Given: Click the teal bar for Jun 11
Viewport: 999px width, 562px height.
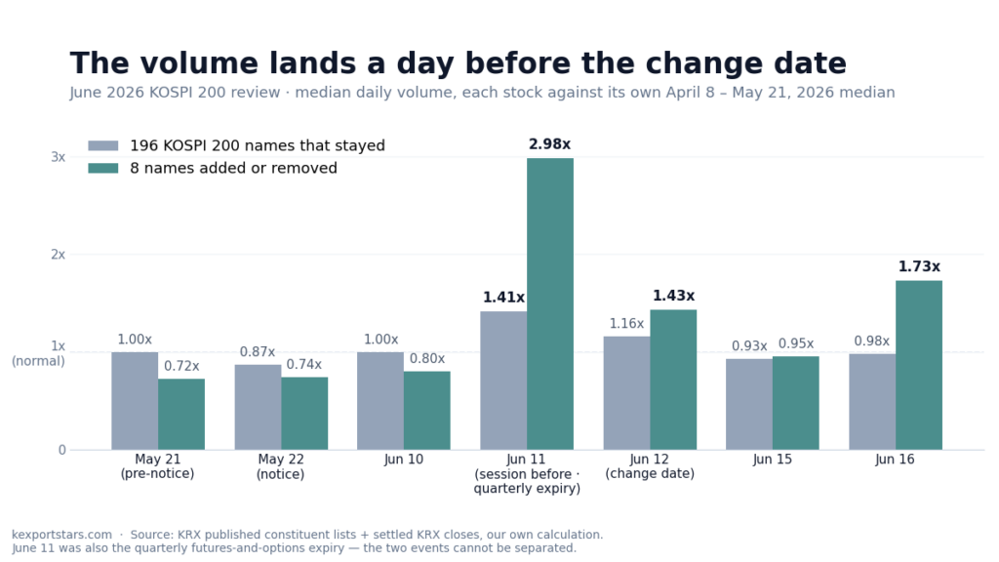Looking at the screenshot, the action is (550, 304).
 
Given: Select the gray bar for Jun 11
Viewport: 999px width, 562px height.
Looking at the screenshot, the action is (503, 381).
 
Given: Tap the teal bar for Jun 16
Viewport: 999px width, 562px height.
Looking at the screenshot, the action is (919, 365).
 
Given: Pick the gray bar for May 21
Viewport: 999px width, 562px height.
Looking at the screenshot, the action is (135, 401).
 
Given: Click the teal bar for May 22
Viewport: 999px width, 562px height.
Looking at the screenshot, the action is (304, 414).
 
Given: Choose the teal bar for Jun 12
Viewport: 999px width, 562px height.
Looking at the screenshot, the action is (673, 380).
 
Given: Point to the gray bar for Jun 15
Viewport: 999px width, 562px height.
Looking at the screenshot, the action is (749, 404).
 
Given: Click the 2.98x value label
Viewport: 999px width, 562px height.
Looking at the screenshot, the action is (550, 144).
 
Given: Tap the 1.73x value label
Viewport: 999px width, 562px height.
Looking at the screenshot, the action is (919, 266).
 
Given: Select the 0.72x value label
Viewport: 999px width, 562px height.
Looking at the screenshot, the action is (181, 366).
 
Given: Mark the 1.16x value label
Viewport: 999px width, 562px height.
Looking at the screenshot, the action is (627, 323).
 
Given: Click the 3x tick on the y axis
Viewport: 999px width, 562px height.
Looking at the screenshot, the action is (58, 157).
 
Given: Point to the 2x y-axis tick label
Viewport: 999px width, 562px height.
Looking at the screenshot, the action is (58, 255).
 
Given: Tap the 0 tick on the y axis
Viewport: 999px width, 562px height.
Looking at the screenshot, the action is (61, 450).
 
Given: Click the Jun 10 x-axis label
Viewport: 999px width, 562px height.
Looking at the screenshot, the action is (403, 460).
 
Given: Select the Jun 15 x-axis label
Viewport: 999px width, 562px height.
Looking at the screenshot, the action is (773, 460).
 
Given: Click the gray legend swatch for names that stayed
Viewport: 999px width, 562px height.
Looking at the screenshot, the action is (103, 146).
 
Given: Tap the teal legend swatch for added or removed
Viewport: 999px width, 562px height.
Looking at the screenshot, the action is (103, 168).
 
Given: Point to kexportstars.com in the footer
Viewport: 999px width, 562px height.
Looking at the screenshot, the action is (61, 535).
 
